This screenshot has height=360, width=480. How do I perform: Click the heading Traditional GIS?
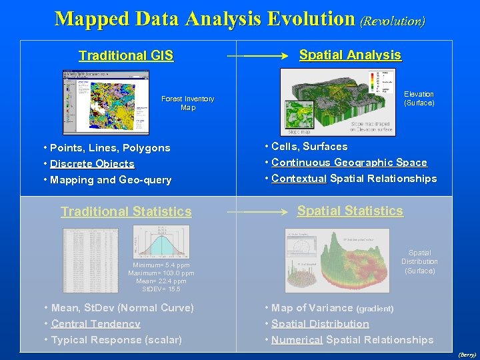coord(126,56)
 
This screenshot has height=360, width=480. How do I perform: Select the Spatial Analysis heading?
coord(350,55)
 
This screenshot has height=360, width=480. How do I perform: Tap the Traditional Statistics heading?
coord(126,212)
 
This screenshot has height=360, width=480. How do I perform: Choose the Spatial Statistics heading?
coord(350,211)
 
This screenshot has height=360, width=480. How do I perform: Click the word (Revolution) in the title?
coord(393,21)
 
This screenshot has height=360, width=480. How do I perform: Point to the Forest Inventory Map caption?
coord(187,103)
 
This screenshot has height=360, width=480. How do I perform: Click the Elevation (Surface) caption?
coord(419,99)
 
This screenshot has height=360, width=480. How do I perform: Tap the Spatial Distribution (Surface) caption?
coord(419,262)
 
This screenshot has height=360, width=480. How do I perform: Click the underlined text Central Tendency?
coord(95,324)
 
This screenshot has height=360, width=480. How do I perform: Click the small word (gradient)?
coord(375,309)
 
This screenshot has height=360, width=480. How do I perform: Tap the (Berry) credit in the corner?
coord(467,355)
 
